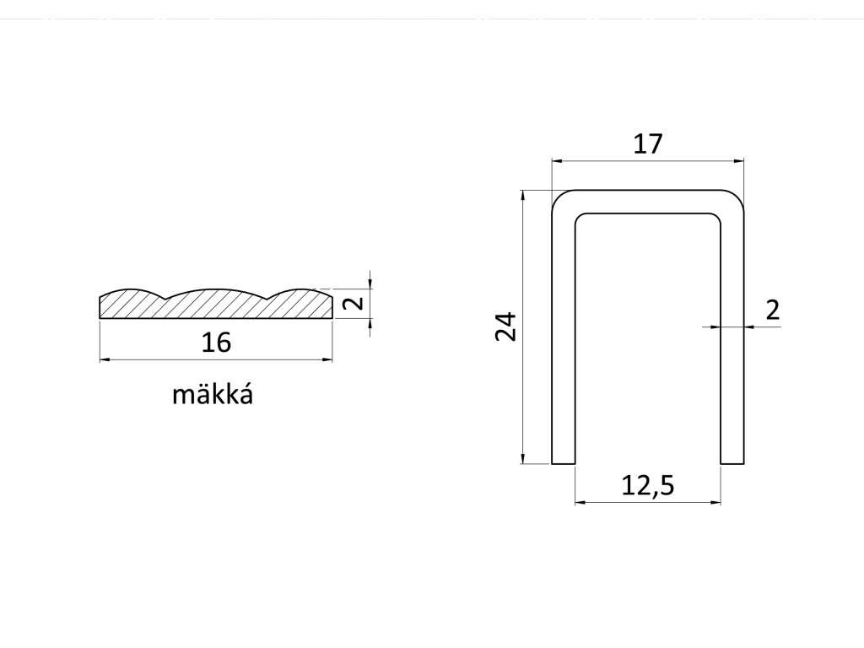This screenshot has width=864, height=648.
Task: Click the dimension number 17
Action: coord(647,144)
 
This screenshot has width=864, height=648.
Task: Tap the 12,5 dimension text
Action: coord(648,486)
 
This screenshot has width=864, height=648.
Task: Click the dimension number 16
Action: coord(216,343)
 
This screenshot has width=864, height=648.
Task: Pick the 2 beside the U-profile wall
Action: coord(772,310)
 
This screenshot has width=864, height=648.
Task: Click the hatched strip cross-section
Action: coord(216,305)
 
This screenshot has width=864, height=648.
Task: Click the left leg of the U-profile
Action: coord(563,337)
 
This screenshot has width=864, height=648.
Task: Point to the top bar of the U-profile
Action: coord(648,201)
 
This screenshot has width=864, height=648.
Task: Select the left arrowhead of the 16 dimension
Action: coord(105,360)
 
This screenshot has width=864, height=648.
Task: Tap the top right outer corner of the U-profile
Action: coord(741,196)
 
